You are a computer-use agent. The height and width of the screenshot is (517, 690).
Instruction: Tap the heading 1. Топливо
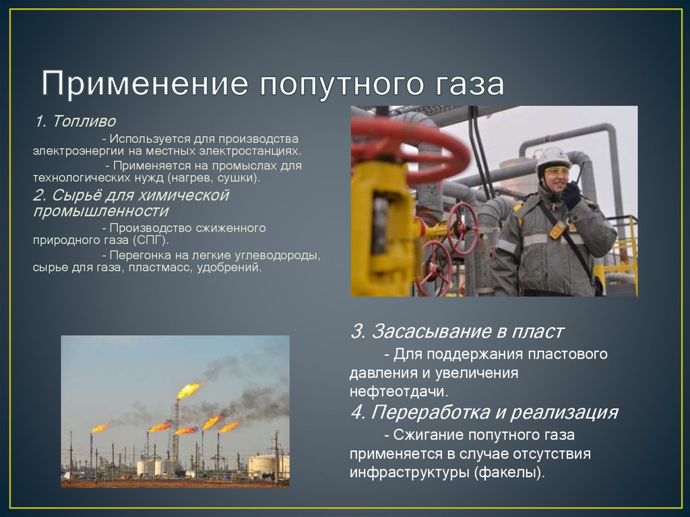(x=75, y=122)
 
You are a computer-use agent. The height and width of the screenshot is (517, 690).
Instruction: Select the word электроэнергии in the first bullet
(x=75, y=152)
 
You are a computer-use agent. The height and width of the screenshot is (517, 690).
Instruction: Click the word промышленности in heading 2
(x=100, y=212)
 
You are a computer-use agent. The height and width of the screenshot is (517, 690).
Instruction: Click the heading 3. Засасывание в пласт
(x=457, y=332)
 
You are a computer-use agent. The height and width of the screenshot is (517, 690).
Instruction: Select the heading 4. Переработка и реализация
(x=484, y=412)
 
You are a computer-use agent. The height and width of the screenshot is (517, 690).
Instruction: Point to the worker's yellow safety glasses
(x=555, y=171)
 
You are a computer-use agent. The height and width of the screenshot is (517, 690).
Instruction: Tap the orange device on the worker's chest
(x=557, y=230)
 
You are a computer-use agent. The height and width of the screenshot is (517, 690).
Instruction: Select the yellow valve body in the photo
(x=381, y=229)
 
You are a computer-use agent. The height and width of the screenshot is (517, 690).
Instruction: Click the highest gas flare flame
(x=188, y=390)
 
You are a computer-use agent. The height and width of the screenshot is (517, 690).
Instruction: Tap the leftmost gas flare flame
(x=99, y=427)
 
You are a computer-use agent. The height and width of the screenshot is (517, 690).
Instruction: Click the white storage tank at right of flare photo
(x=263, y=465)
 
